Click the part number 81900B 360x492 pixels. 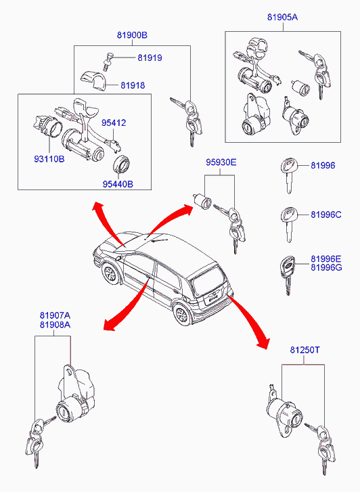[x=132, y=35]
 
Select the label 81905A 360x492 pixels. [x=282, y=17]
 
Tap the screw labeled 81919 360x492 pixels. [x=108, y=62]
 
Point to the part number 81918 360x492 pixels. [x=133, y=85]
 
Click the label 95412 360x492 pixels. [x=114, y=122]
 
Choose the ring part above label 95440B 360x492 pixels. [x=121, y=164]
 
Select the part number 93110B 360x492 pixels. [x=49, y=159]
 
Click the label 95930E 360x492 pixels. [x=221, y=162]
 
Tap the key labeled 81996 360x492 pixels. [x=288, y=176]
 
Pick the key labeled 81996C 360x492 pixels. [x=288, y=225]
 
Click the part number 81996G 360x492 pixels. [x=326, y=267]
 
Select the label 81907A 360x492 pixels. [x=55, y=315]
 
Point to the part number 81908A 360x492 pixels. [x=55, y=324]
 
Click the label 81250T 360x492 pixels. [x=305, y=350]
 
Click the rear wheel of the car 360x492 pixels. [x=182, y=315]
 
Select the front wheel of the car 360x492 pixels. [x=110, y=273]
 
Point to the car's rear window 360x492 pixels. [x=208, y=279]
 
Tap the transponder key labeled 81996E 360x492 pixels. [x=288, y=275]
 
